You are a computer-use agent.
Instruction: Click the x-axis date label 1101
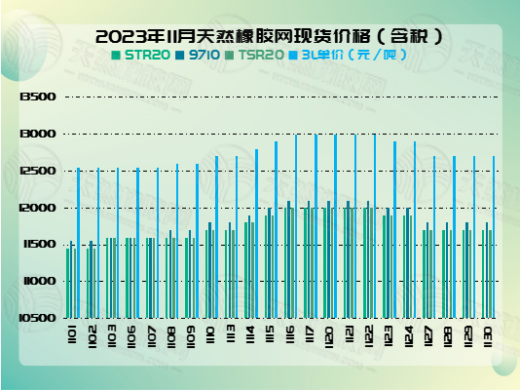pos(72,337)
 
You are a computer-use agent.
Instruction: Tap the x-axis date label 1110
pos(211,337)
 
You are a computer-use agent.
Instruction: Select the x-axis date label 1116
pos(290,337)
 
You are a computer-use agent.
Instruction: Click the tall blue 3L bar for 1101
pos(78,243)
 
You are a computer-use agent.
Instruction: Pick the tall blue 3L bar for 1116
pos(296,225)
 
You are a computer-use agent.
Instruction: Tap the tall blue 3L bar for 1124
pos(415,229)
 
